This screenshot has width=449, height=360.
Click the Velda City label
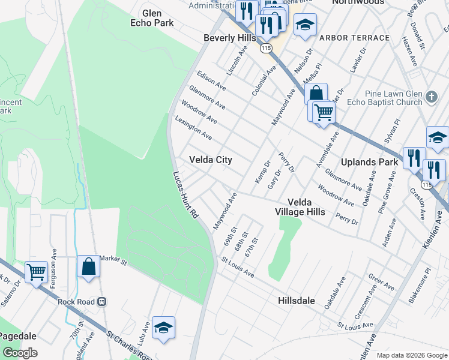tap(211, 160)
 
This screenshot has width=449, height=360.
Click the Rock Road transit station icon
tap(102, 302)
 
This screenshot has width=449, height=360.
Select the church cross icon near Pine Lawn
tap(432, 97)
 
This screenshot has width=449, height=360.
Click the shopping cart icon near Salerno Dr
tap(36, 271)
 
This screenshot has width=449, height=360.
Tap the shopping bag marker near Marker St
tap(88, 266)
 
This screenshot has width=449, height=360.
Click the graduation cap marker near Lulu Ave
tap(163, 327)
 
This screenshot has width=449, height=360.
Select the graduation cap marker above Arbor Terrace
tap(305, 25)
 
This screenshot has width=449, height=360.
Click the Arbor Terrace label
tap(354, 38)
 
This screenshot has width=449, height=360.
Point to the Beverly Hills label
tap(229, 37)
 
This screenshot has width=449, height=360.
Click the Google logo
tap(20, 353)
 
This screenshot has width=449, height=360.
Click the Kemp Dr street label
tap(263, 172)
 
